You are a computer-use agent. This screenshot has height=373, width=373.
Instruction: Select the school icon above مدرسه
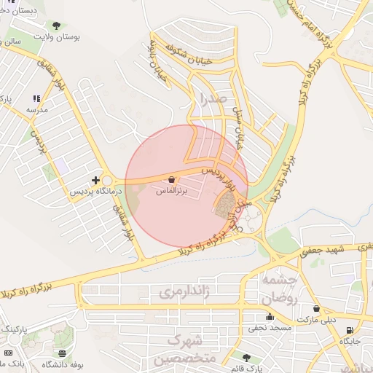point(36,99)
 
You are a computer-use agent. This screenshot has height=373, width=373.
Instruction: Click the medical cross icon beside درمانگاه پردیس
point(95,179)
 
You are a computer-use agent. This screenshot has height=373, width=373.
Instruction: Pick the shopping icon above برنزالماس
point(171,179)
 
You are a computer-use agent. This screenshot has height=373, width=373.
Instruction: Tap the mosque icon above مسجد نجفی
point(270,316)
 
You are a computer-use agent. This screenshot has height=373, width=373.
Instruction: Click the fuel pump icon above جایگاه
point(350,330)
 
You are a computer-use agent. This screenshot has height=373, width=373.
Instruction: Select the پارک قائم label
point(246,368)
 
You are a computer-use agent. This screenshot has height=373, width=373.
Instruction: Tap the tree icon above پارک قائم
point(246,358)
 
